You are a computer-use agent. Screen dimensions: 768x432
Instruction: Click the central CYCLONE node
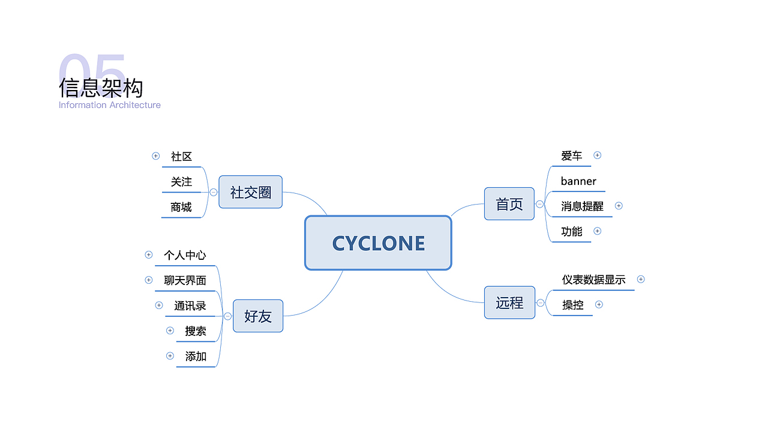pyautogui.click(x=378, y=243)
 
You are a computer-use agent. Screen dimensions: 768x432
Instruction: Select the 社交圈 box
pyautogui.click(x=251, y=192)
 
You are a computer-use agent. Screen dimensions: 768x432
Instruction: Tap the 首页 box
pyautogui.click(x=509, y=203)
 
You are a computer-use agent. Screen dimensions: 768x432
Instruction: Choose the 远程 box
pyautogui.click(x=509, y=302)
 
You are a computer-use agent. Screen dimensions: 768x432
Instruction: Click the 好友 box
pyautogui.click(x=258, y=316)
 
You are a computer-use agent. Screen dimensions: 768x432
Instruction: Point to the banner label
pyautogui.click(x=578, y=181)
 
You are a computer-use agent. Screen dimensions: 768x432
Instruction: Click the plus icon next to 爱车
pyautogui.click(x=597, y=155)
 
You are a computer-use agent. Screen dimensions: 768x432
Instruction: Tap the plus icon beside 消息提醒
pyautogui.click(x=619, y=206)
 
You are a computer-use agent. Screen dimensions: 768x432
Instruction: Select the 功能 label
pyautogui.click(x=572, y=232)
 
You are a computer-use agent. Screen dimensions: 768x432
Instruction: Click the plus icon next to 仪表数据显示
pyautogui.click(x=641, y=279)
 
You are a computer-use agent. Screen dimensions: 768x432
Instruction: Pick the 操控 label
pyautogui.click(x=573, y=305)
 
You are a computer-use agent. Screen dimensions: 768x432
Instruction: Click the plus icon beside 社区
pyautogui.click(x=155, y=156)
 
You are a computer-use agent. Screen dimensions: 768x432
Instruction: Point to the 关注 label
pyautogui.click(x=181, y=182)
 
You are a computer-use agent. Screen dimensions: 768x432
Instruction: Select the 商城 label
pyautogui.click(x=181, y=207)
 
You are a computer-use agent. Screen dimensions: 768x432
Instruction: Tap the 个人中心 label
pyautogui.click(x=185, y=255)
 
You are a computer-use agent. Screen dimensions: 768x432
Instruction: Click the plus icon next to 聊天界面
pyautogui.click(x=148, y=280)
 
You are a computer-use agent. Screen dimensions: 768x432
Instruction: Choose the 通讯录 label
pyautogui.click(x=190, y=306)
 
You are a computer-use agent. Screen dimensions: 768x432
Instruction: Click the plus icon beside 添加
pyautogui.click(x=170, y=356)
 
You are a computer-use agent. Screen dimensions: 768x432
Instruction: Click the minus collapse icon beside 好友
pyautogui.click(x=227, y=316)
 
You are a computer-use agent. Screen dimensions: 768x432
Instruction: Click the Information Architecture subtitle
pyautogui.click(x=109, y=105)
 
